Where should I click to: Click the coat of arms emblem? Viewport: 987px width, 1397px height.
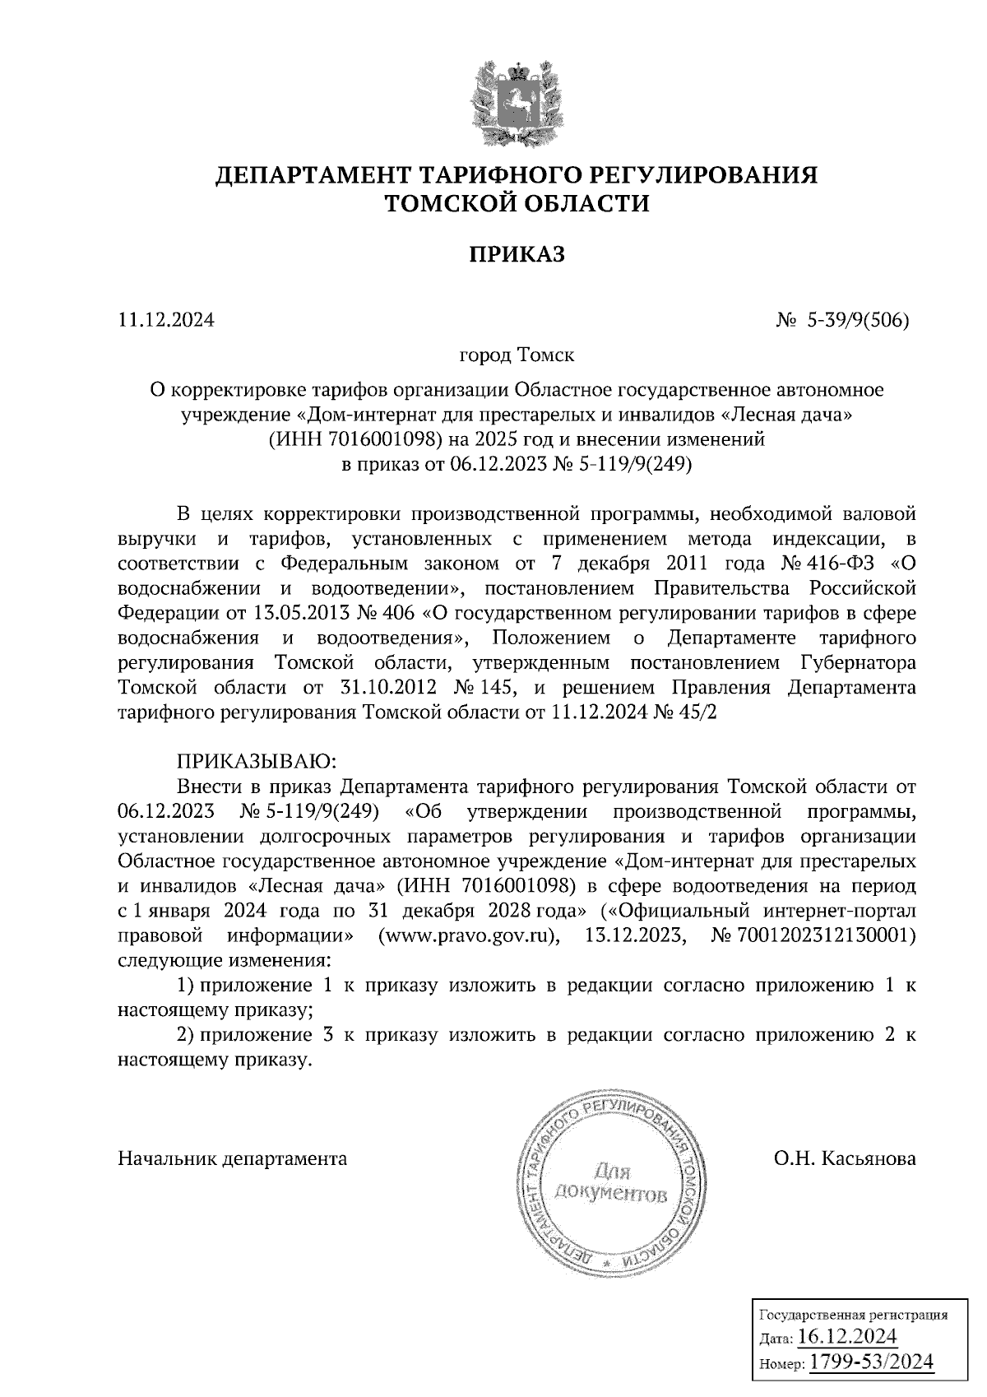point(517,103)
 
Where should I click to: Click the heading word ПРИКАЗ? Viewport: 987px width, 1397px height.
point(517,255)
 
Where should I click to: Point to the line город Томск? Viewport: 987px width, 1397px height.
point(517,355)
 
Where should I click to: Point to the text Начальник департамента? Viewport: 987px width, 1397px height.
point(233,1159)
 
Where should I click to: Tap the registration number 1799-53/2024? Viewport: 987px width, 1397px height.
point(873,1362)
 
